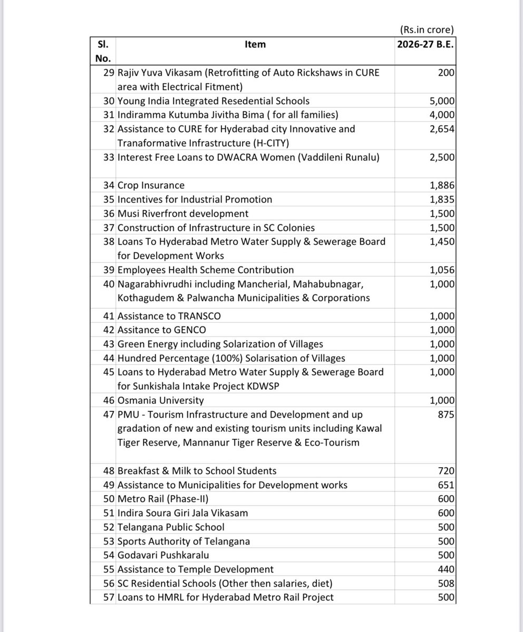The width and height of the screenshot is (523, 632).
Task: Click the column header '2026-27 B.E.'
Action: point(425,44)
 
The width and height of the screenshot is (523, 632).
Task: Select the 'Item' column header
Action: point(255,44)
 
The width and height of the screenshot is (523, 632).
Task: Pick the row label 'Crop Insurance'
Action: point(151,185)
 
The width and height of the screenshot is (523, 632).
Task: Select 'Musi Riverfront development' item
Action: point(182,213)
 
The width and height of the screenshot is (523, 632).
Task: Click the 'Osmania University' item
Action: point(160,400)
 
